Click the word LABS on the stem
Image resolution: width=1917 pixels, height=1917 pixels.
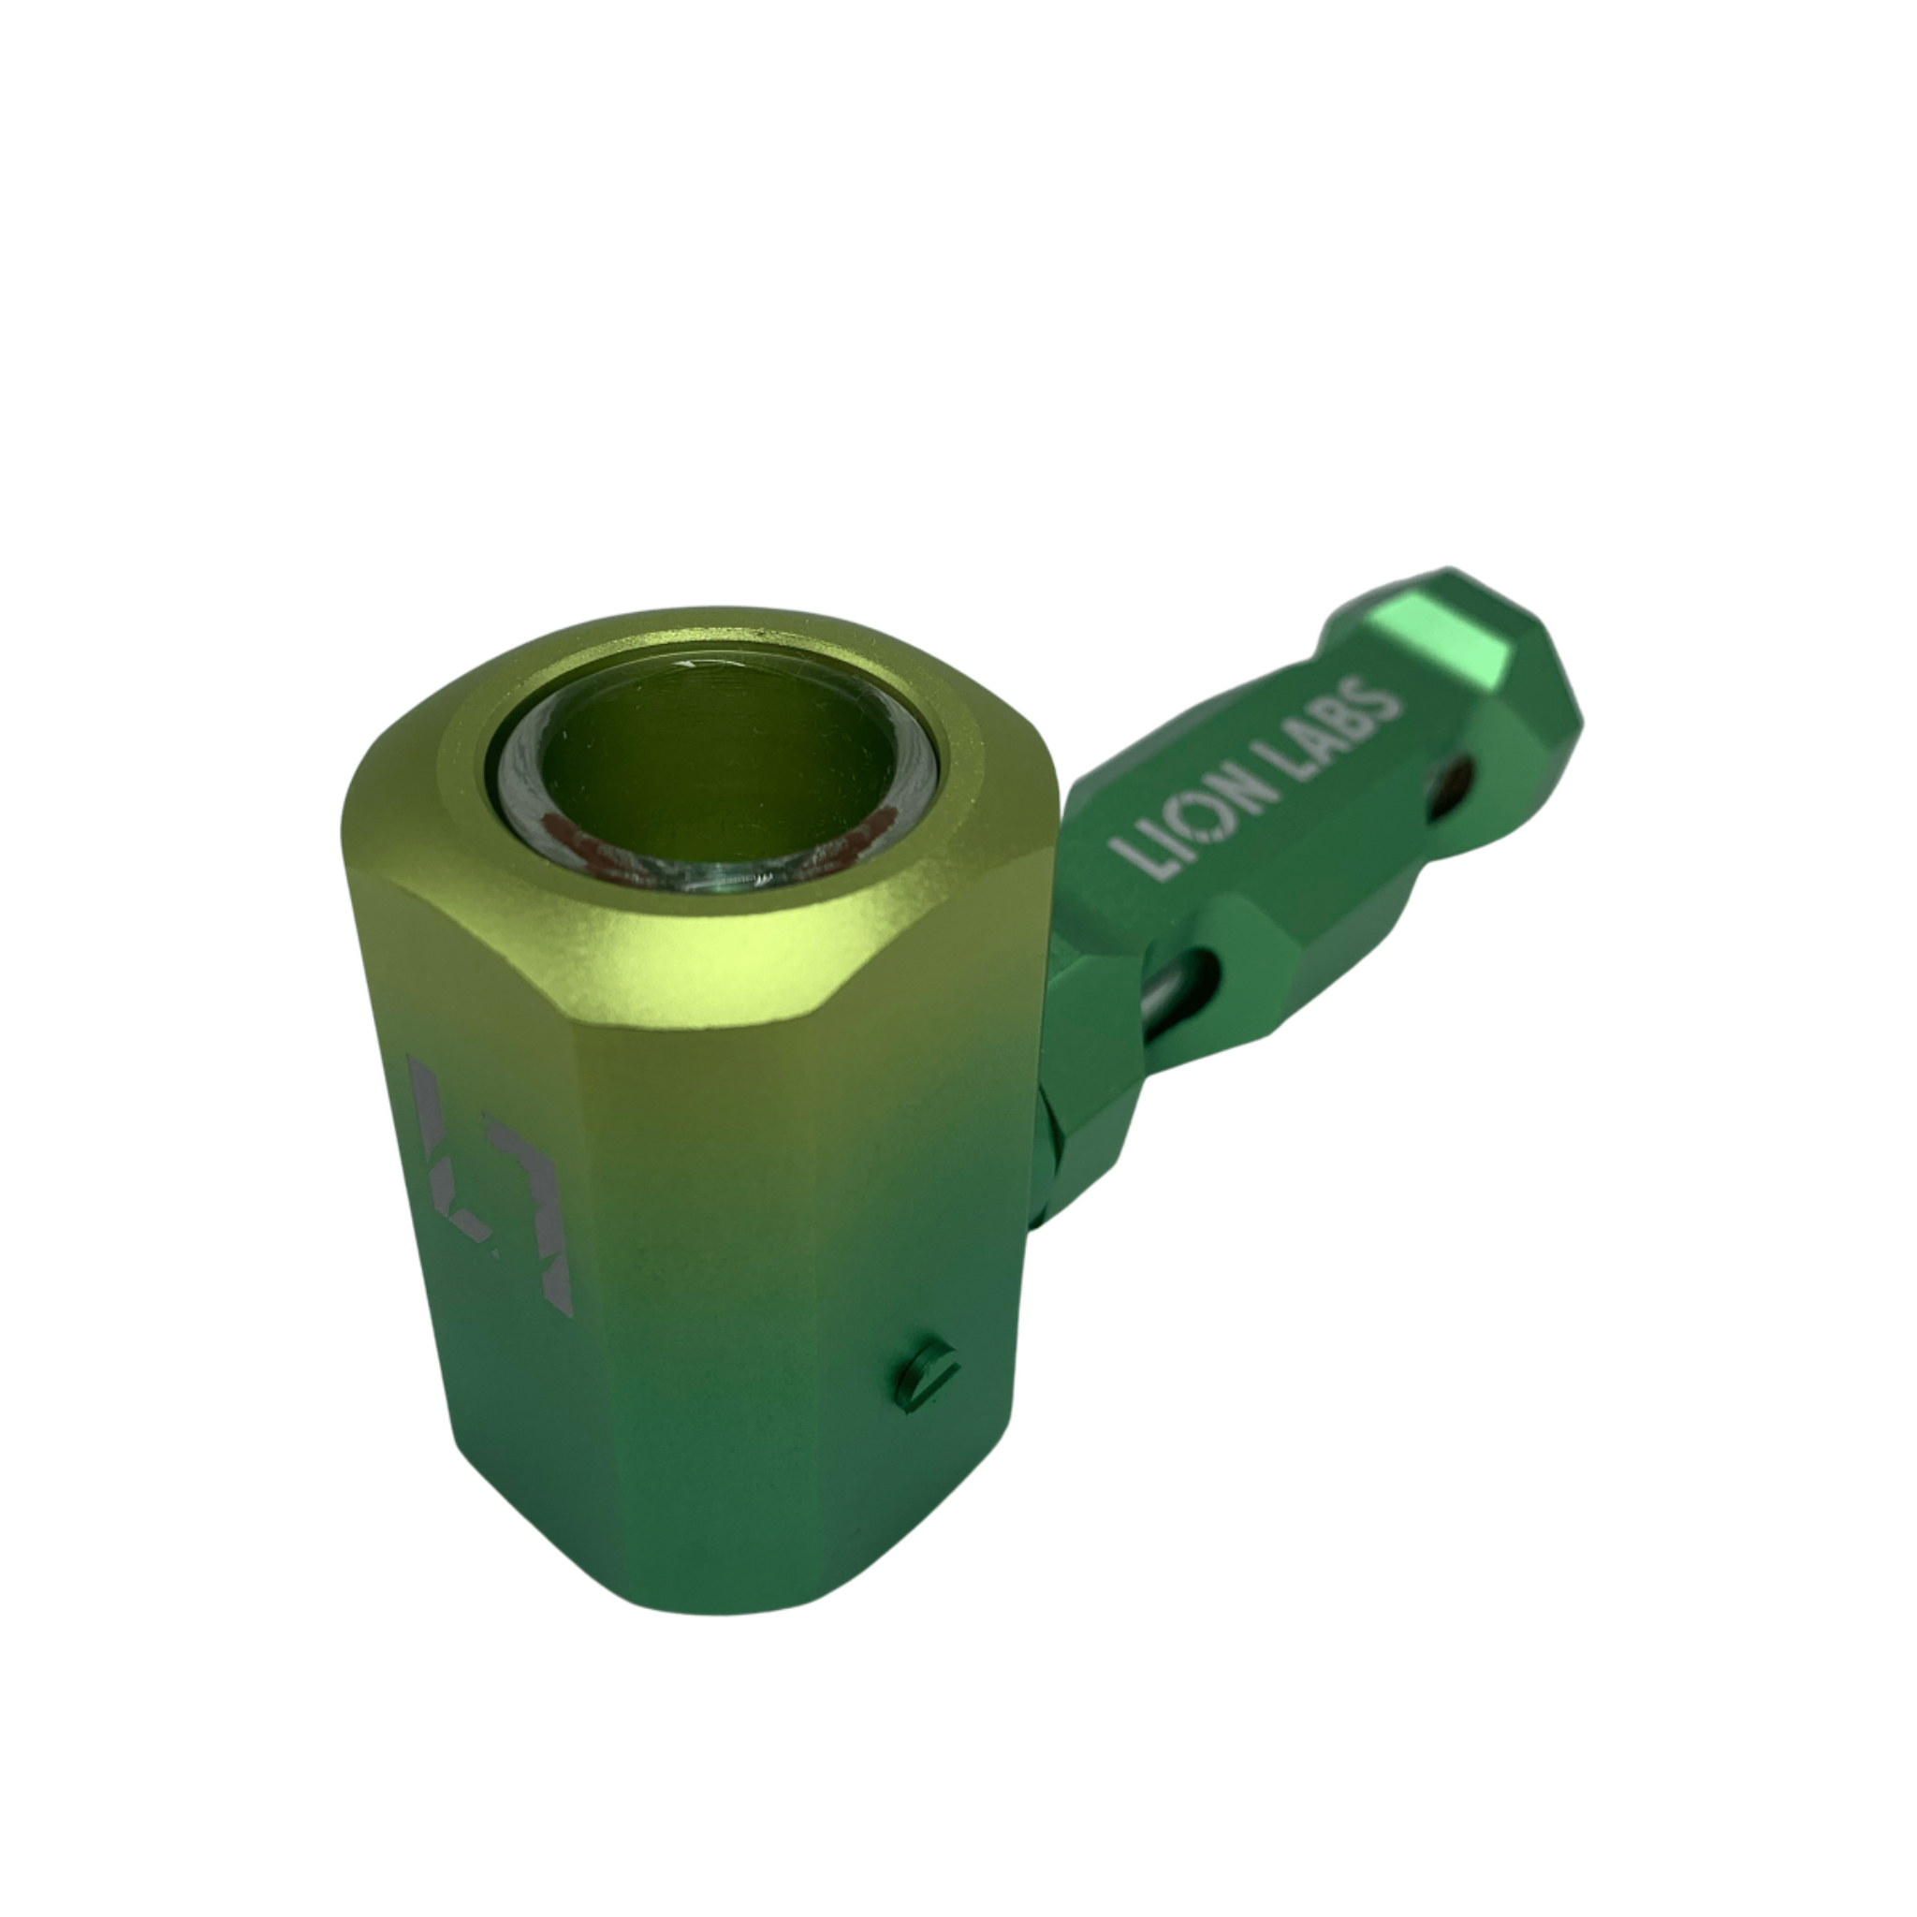tap(1324, 729)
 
